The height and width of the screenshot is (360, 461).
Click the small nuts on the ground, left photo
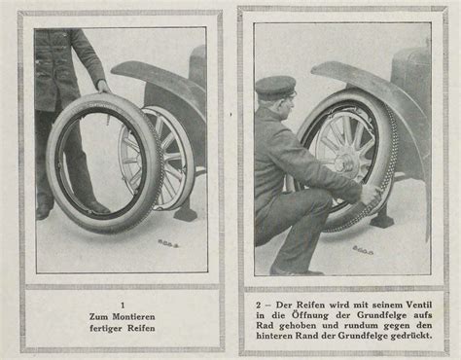tap(167, 242)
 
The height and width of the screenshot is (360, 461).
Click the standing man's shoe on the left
tap(43, 211)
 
